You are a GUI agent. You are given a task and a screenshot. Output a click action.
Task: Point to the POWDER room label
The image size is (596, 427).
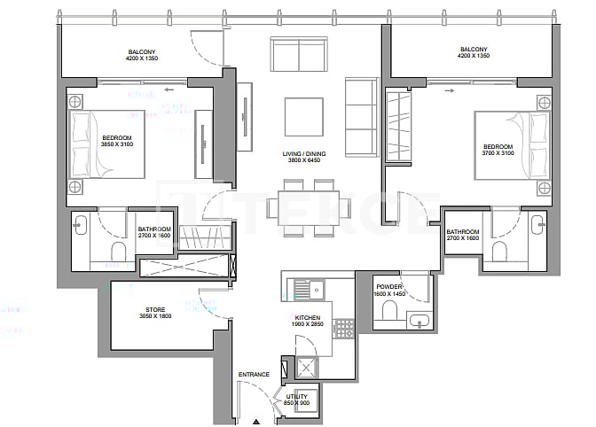(390, 287)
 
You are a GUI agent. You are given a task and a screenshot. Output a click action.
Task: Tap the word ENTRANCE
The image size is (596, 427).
(254, 375)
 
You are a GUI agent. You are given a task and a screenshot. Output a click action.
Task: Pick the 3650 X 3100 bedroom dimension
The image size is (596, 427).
(117, 144)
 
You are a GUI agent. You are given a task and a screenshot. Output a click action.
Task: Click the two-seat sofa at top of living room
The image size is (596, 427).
(299, 54)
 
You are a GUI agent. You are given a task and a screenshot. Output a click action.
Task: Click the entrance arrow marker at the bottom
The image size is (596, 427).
(255, 422)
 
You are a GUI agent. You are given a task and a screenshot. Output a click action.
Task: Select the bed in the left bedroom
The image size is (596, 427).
(107, 144)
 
